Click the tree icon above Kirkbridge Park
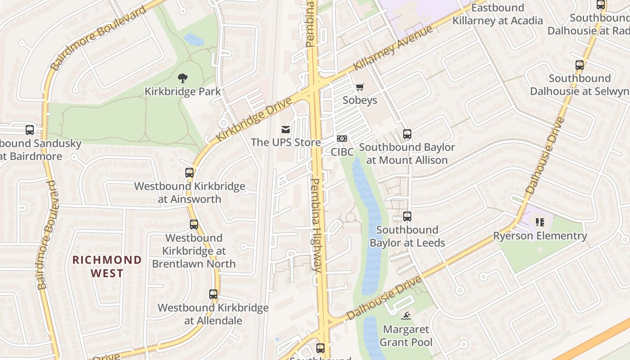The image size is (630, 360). [182, 78]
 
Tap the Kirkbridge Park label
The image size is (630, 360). [182, 92]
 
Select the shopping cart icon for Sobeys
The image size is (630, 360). [360, 87]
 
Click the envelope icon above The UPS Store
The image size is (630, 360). [286, 130]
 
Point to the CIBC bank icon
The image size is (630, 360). [342, 139]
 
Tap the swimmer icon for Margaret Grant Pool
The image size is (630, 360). [406, 316]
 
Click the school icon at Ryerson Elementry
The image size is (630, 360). [540, 222]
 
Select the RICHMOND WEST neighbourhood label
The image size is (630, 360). [107, 266]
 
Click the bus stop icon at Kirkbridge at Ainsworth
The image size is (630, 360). [189, 172]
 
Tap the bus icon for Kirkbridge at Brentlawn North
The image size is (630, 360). [194, 224]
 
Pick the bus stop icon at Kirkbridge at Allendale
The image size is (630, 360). [213, 294]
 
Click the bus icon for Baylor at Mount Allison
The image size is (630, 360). [407, 134]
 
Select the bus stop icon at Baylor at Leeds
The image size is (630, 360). [407, 216]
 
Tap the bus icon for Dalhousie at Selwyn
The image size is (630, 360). [580, 65]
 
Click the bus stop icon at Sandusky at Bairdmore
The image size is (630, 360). [30, 130]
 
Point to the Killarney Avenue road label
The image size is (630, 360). [393, 48]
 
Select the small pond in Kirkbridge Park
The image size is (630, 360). [194, 40]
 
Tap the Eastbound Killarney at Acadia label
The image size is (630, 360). [497, 14]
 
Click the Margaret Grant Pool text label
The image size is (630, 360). [406, 336]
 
